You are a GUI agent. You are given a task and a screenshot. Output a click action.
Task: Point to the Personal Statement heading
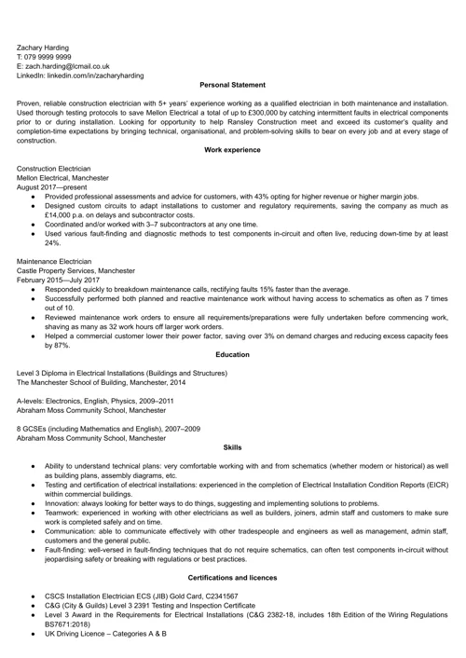[x=232, y=86]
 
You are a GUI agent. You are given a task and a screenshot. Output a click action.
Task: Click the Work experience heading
[x=232, y=149]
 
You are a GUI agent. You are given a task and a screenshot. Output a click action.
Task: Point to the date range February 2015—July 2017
[x=63, y=281]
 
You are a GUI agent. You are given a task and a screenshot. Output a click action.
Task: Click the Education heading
[x=232, y=355]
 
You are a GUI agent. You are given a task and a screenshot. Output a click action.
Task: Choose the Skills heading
[x=232, y=447]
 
